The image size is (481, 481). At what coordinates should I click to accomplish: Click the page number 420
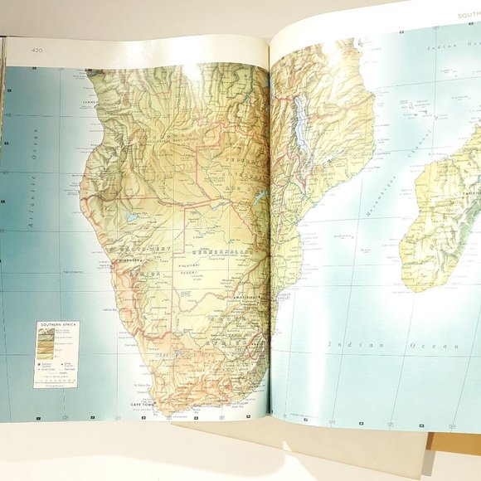point(36,50)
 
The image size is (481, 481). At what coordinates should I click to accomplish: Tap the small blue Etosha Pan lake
point(133,218)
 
